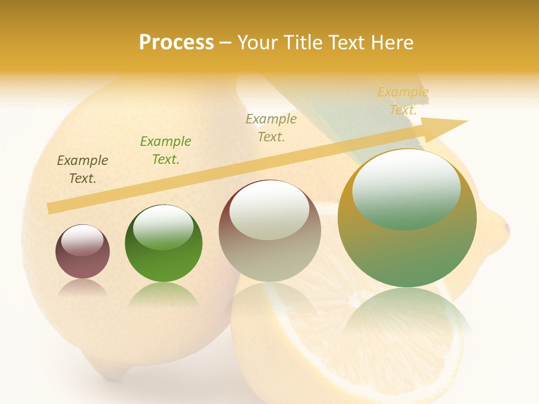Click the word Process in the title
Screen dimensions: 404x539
click(x=176, y=43)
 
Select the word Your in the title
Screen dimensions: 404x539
click(x=258, y=43)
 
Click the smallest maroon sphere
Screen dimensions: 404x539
click(x=83, y=252)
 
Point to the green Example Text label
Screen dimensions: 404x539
click(x=166, y=150)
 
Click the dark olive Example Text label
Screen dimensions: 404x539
click(x=83, y=169)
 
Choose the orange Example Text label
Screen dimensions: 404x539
click(x=403, y=101)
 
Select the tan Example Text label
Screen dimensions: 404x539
click(x=271, y=127)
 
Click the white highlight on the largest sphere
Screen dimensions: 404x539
click(x=406, y=189)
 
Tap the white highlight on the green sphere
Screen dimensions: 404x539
click(x=163, y=227)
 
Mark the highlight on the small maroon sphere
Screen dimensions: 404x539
click(x=83, y=241)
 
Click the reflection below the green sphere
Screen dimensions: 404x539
click(x=163, y=294)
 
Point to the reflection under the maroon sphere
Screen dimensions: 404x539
click(x=83, y=287)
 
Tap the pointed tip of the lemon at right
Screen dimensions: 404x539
click(x=506, y=227)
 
